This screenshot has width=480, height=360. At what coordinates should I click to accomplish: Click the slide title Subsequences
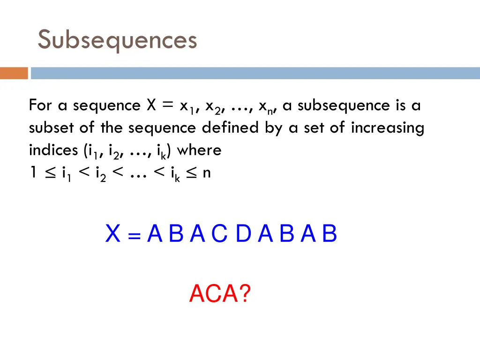click(x=117, y=40)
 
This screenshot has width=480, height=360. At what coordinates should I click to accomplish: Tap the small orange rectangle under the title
click(x=14, y=74)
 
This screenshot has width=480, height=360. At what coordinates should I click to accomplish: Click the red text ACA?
click(x=220, y=294)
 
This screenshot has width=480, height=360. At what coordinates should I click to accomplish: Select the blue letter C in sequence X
click(x=219, y=234)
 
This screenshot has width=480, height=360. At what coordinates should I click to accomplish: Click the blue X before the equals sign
click(x=113, y=234)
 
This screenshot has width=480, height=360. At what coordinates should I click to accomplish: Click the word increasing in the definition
click(x=387, y=127)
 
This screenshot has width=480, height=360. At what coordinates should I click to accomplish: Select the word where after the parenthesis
click(x=199, y=150)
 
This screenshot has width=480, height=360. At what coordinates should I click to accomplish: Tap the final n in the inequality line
click(x=207, y=173)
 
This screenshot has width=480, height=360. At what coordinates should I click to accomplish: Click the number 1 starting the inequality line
click(x=33, y=173)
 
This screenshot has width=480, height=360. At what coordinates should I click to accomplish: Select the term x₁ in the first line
click(x=187, y=106)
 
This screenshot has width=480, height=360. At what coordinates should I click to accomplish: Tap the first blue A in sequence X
click(x=154, y=234)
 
